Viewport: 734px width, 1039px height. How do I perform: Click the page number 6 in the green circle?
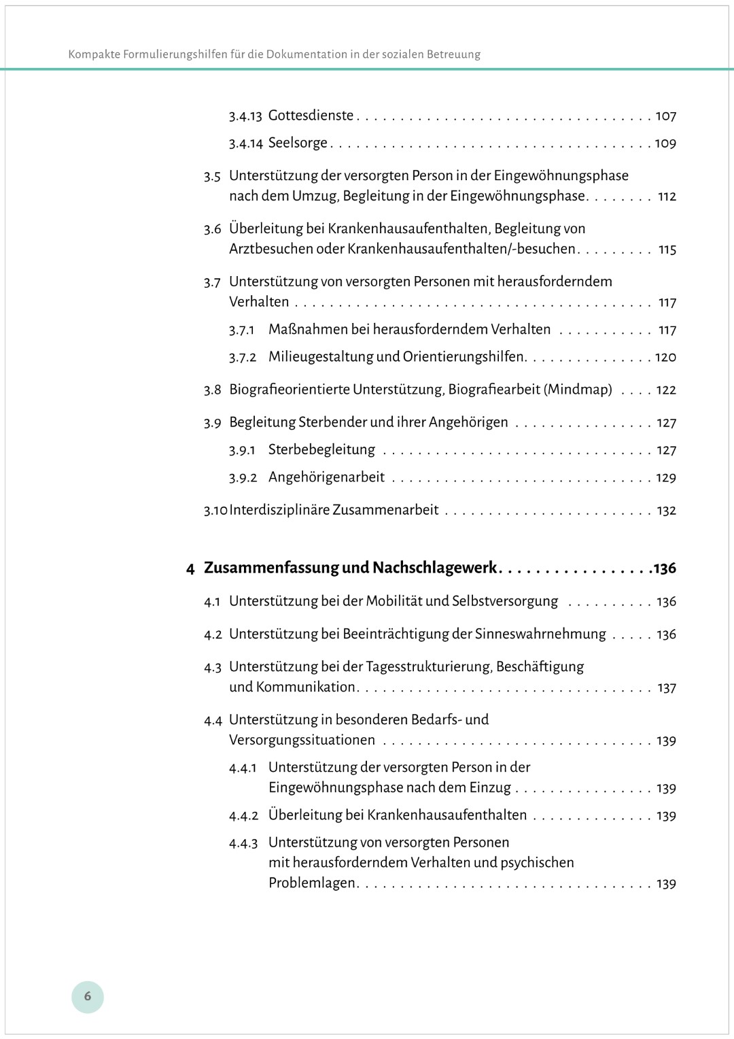pyautogui.click(x=87, y=996)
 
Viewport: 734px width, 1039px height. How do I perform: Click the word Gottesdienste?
pyautogui.click(x=311, y=116)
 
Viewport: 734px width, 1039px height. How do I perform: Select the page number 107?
pyautogui.click(x=665, y=116)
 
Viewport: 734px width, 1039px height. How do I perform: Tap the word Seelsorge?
pyautogui.click(x=298, y=143)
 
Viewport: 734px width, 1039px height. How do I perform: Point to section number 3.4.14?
pyautogui.click(x=245, y=143)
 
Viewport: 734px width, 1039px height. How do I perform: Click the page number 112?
pyautogui.click(x=667, y=197)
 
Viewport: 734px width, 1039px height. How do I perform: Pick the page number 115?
pyautogui.click(x=667, y=250)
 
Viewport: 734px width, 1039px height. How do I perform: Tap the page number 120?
pyautogui.click(x=665, y=357)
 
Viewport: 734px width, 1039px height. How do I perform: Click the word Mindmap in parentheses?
pyautogui.click(x=579, y=390)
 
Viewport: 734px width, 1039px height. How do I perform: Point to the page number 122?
pyautogui.click(x=666, y=390)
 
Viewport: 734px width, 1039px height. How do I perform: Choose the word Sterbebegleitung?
pyautogui.click(x=321, y=449)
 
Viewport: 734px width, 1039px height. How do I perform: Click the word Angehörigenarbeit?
pyautogui.click(x=326, y=477)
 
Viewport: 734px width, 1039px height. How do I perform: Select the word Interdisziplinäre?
pyautogui.click(x=279, y=510)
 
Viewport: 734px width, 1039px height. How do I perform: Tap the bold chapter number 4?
pyautogui.click(x=190, y=568)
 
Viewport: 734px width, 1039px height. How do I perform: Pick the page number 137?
pyautogui.click(x=666, y=687)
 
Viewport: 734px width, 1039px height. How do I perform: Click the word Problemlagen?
pyautogui.click(x=312, y=883)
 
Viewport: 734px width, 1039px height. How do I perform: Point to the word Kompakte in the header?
pyautogui.click(x=94, y=54)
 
